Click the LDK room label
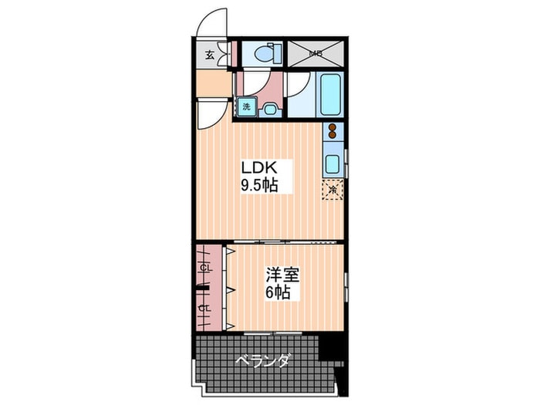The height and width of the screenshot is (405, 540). coord(259,167)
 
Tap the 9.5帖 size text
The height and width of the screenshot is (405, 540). coord(259,185)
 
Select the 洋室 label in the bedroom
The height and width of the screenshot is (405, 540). coord(282,275)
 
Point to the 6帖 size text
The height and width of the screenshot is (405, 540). coord(278,292)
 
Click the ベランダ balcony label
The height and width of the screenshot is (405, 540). coord(262,361)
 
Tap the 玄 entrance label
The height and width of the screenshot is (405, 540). coord(209,55)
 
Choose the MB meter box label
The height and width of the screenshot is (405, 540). coord(316,53)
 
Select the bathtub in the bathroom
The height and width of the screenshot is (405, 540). coord(330,94)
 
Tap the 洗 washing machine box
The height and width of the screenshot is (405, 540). coord(246,106)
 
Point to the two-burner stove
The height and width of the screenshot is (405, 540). coord(332,131)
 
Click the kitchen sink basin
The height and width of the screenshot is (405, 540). coord(332,164)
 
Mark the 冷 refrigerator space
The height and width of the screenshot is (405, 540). coord(332,190)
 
